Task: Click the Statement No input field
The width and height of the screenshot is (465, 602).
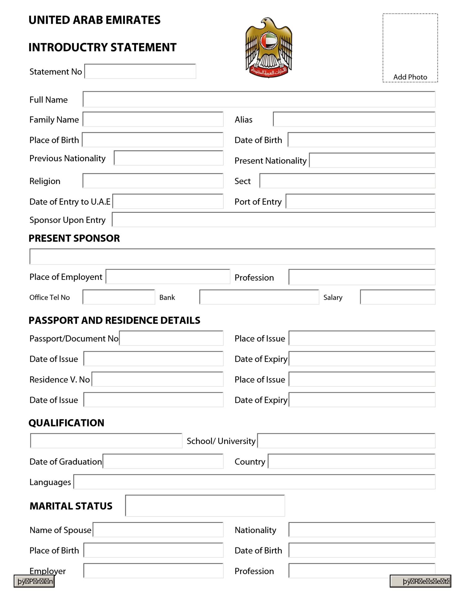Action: click(x=140, y=71)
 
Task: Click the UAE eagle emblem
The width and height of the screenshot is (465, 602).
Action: click(x=269, y=47)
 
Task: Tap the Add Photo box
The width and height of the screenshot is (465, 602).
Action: click(x=410, y=48)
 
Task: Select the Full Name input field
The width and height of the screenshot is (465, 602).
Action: click(x=259, y=99)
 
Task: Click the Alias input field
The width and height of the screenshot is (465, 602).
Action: click(x=354, y=119)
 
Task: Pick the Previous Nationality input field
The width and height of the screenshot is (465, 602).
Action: click(x=169, y=158)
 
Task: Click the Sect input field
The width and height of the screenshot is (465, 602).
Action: click(x=347, y=181)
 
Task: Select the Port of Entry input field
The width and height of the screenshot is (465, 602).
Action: click(x=360, y=201)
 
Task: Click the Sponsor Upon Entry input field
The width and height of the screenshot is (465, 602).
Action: click(x=273, y=220)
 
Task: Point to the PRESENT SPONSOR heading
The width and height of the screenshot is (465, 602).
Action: click(x=74, y=238)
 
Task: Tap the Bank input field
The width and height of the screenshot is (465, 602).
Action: click(x=259, y=297)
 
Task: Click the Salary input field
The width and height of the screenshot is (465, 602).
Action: click(x=397, y=297)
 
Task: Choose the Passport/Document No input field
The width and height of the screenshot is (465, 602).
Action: click(x=171, y=338)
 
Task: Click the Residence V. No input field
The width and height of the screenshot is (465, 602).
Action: click(x=157, y=379)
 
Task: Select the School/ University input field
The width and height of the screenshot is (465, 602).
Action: click(x=346, y=441)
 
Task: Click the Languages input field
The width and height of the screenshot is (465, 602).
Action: click(x=254, y=482)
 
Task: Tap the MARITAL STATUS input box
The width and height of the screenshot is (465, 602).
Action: click(x=205, y=506)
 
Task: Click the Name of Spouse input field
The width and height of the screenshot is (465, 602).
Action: click(x=158, y=530)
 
